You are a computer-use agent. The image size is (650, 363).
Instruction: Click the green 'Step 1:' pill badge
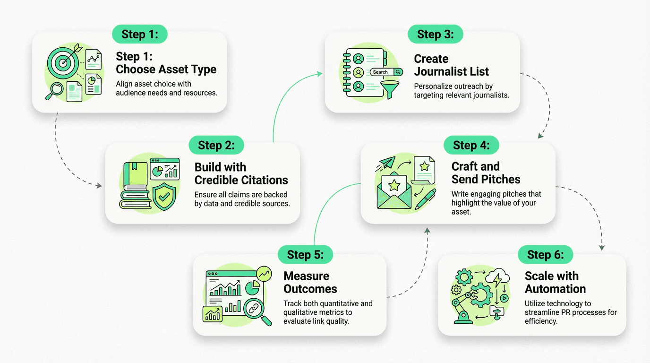(x=139, y=34)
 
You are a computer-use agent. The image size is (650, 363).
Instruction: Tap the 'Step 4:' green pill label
(x=471, y=145)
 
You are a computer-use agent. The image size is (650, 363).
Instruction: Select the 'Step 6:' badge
(x=545, y=255)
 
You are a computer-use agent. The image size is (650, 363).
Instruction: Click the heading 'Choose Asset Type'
(x=166, y=69)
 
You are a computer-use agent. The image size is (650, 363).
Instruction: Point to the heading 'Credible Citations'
(x=241, y=180)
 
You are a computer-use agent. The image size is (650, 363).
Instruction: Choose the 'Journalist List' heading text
(x=451, y=72)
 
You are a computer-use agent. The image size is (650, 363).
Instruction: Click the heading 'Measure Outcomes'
(x=310, y=282)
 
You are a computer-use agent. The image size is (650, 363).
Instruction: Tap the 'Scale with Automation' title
(x=555, y=282)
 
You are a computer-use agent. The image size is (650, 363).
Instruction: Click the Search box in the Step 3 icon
(x=386, y=72)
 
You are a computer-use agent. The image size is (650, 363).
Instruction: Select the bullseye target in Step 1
(x=62, y=63)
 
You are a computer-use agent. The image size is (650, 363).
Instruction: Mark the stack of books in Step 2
(x=135, y=187)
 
